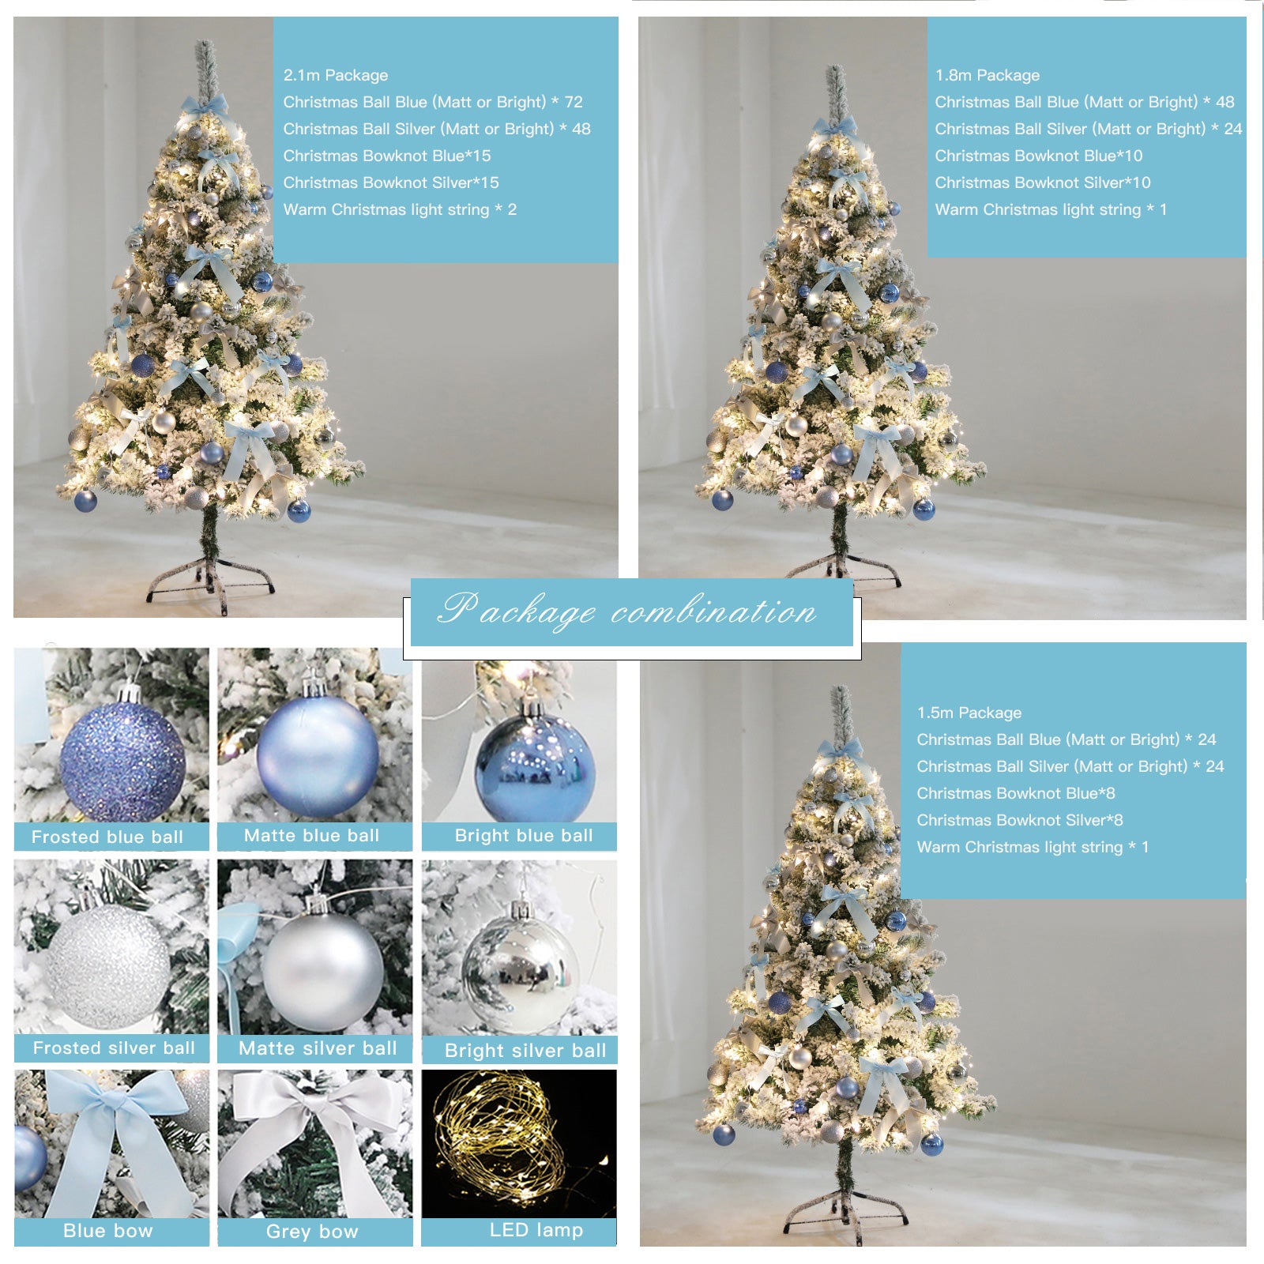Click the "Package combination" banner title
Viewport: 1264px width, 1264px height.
click(626, 611)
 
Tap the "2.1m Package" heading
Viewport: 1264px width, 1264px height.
click(336, 75)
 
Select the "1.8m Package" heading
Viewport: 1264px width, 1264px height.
click(987, 75)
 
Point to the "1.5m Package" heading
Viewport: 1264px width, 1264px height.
click(969, 713)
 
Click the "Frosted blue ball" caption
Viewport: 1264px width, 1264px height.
click(107, 837)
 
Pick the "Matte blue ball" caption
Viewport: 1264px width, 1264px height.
click(312, 835)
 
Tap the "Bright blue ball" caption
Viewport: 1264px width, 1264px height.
click(524, 835)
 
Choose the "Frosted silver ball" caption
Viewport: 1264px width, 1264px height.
click(114, 1048)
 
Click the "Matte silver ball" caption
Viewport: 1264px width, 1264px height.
click(318, 1048)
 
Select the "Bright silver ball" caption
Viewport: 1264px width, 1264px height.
click(525, 1050)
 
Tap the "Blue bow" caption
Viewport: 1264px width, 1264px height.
click(108, 1230)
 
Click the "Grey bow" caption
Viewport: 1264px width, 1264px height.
click(312, 1231)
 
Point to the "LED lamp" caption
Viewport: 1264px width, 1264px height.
click(536, 1229)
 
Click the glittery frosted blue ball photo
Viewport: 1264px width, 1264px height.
click(122, 759)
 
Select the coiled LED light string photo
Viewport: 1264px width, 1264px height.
click(519, 1143)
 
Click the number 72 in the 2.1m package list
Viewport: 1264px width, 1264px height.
click(574, 102)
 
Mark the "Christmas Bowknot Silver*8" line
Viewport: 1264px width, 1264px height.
click(1020, 820)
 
